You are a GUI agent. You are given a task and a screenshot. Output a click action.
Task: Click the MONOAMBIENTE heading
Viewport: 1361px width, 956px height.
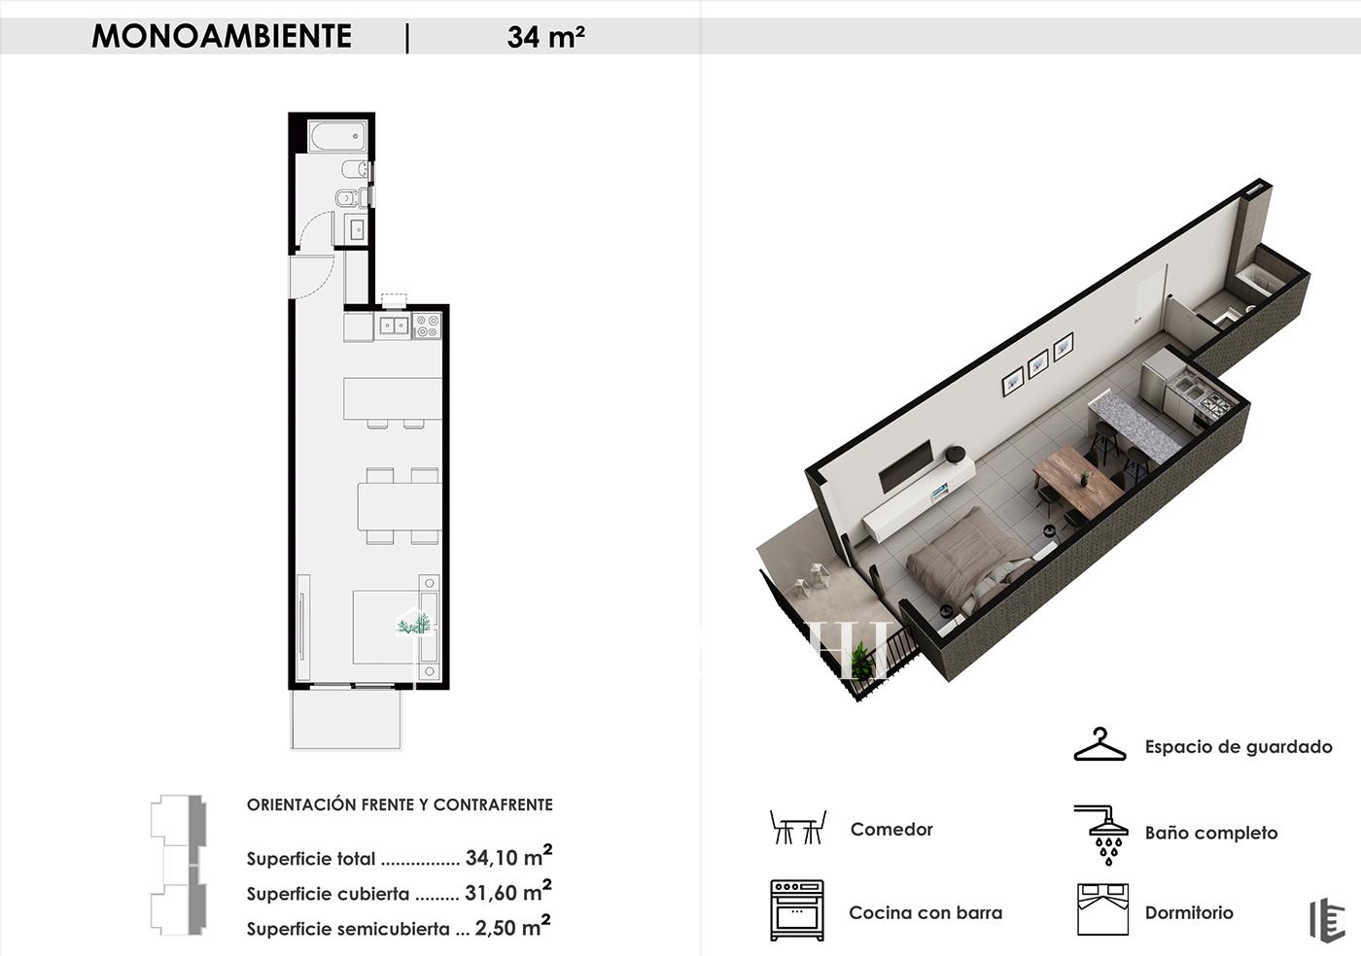(222, 37)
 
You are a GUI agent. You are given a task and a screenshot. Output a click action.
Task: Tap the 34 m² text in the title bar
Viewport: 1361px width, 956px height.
(545, 37)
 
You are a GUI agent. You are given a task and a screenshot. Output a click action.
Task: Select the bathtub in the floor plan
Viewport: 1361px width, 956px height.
(338, 136)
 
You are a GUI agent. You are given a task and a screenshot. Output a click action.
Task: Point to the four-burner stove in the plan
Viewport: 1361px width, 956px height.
(427, 325)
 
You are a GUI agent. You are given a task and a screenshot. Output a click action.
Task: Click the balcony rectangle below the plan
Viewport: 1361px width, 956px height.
(346, 720)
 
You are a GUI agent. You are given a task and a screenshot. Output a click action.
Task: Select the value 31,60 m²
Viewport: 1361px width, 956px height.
(508, 892)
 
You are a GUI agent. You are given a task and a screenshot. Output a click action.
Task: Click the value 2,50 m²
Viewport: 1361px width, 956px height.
(513, 928)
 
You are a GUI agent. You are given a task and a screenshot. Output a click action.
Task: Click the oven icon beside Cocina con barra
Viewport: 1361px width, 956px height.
(797, 909)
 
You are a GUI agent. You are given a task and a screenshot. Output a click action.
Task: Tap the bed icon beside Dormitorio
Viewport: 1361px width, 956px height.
(1102, 909)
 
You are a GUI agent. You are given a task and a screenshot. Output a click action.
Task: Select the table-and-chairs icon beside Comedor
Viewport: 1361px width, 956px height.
(798, 827)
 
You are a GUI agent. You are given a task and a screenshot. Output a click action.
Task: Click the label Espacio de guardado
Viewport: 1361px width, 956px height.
(1239, 746)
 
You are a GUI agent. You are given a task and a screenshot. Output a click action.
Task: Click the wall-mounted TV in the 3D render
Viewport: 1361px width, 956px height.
(906, 466)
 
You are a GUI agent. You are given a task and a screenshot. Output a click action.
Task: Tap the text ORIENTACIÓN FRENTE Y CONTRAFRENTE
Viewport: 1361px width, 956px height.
(400, 804)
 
